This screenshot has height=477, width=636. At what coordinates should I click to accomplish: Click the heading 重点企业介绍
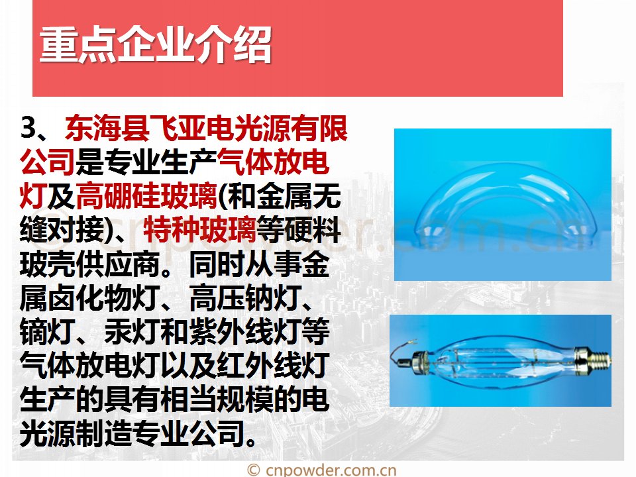156,44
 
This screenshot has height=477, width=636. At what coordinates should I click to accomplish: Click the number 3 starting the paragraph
28,128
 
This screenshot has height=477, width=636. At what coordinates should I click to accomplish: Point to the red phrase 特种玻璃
199,230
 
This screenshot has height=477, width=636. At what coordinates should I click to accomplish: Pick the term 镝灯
48,332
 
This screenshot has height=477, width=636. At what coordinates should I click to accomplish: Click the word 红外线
260,366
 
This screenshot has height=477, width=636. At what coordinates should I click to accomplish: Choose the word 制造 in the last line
104,434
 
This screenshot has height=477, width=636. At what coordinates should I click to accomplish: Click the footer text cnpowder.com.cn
331,470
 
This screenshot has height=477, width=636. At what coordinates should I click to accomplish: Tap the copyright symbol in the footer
254,470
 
